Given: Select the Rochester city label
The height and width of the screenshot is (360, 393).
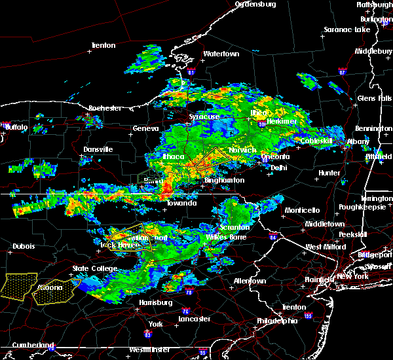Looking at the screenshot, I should point(105,107).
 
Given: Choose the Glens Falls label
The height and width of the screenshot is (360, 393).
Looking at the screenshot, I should point(375,98).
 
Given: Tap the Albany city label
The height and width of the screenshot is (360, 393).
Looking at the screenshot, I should point(359,141).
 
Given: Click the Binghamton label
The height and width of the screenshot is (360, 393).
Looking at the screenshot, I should point(224,180).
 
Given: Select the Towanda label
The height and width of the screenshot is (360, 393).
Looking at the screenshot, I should point(181,203).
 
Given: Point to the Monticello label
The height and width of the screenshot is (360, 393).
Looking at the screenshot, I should point(302,210).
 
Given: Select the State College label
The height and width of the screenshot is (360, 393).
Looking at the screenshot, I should point(90,268).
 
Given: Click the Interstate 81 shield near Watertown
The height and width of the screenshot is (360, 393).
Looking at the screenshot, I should point(191,71).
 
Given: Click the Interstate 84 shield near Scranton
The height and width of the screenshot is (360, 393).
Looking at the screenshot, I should point(272,238).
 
